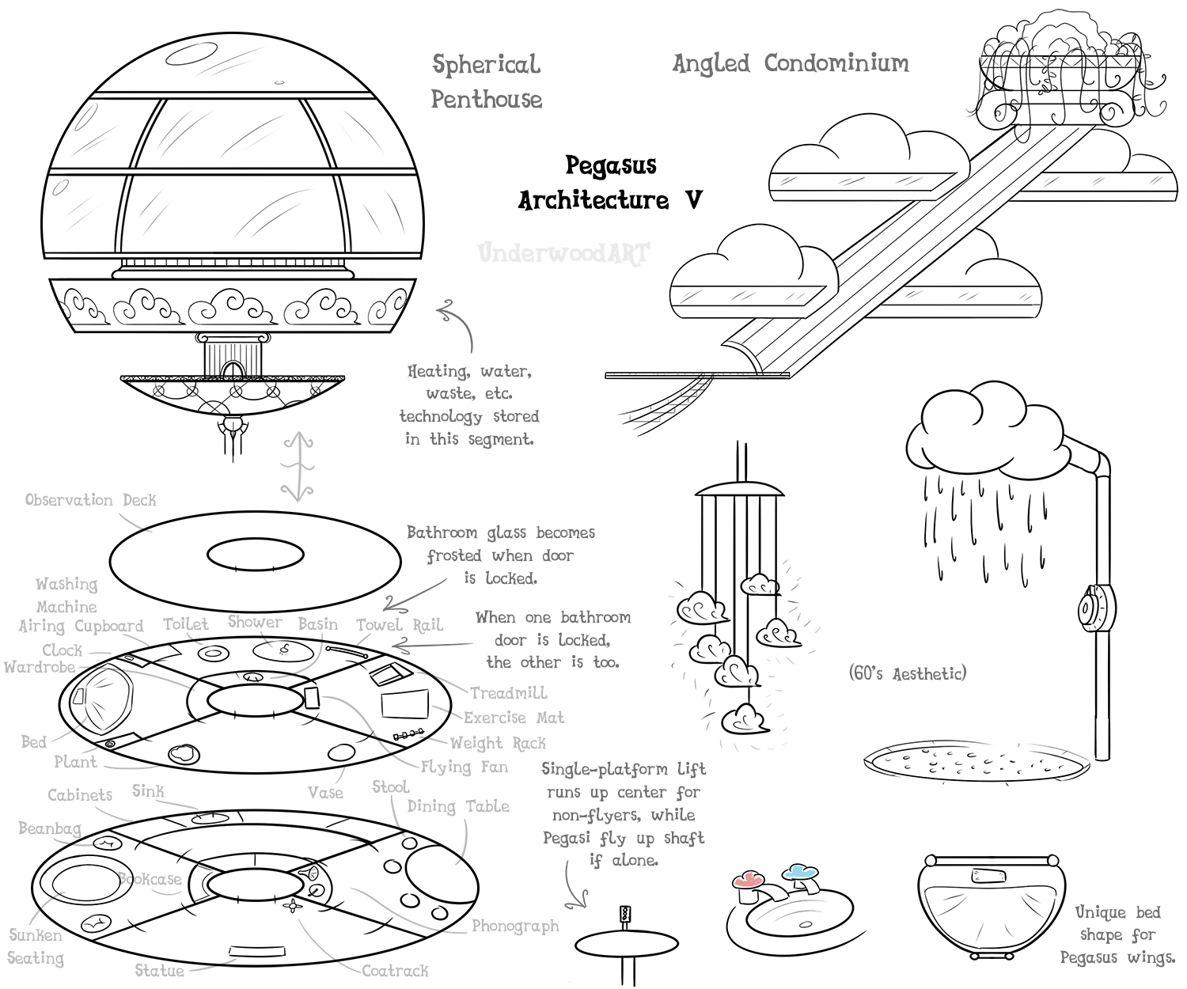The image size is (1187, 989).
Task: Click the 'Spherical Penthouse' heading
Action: (x=487, y=81)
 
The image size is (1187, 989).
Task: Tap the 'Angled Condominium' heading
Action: (x=791, y=63)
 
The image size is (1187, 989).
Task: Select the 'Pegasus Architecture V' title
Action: (x=610, y=183)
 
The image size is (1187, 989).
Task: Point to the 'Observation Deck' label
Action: (x=90, y=500)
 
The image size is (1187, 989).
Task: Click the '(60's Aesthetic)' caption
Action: (x=907, y=674)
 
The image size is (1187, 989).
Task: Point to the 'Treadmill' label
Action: (x=509, y=693)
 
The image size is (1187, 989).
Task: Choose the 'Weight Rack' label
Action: (x=498, y=743)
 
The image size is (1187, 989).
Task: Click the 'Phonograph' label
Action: (x=515, y=926)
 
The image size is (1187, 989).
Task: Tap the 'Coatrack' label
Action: (x=395, y=971)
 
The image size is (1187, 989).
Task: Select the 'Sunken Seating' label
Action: (x=36, y=946)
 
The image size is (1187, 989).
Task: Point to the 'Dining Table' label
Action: (x=458, y=806)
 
